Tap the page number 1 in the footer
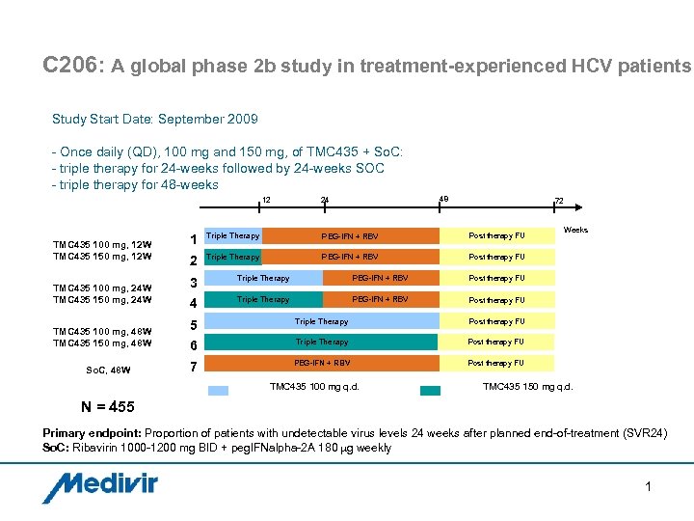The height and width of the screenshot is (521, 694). (x=649, y=486)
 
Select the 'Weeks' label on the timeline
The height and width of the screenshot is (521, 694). (x=575, y=231)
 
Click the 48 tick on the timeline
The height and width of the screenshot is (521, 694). (x=442, y=200)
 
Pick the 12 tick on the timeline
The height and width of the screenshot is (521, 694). (x=266, y=200)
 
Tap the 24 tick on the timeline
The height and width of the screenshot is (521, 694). (x=325, y=200)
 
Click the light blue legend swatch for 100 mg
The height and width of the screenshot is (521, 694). (x=220, y=389)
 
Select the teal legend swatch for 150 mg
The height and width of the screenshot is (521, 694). (x=431, y=389)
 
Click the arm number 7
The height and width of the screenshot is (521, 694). (x=194, y=368)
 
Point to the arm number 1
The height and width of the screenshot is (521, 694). (x=194, y=239)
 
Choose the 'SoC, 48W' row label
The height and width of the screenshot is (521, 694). (x=108, y=369)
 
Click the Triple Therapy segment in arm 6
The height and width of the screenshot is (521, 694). (x=321, y=342)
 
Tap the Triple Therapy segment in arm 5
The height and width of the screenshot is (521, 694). (x=321, y=321)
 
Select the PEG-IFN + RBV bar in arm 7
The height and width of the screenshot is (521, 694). (x=321, y=363)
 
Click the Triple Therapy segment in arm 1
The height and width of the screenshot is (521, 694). (x=233, y=235)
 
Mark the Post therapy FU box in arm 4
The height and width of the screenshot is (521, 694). (x=496, y=300)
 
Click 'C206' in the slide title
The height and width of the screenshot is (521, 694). (x=71, y=66)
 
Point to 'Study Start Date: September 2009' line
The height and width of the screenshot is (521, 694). (x=155, y=120)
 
